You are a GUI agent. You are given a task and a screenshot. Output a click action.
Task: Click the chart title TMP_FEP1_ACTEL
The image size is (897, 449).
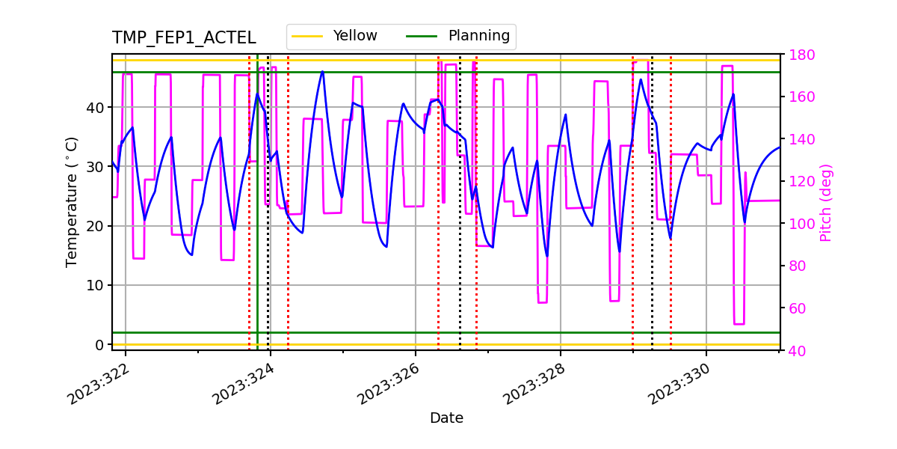pyautogui.click(x=184, y=38)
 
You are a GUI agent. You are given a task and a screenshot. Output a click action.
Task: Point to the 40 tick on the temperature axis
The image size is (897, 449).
pyautogui.click(x=95, y=107)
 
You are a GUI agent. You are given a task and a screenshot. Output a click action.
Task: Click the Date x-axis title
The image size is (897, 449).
pyautogui.click(x=446, y=418)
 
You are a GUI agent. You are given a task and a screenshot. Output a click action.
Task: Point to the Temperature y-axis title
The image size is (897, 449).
pyautogui.click(x=72, y=201)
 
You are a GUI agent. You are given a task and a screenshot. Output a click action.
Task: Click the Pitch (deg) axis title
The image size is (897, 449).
pyautogui.click(x=826, y=202)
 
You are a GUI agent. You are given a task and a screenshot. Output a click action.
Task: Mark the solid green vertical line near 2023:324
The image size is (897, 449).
pyautogui.click(x=257, y=224)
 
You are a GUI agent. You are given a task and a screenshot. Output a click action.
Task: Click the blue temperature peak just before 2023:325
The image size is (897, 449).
pyautogui.click(x=322, y=72)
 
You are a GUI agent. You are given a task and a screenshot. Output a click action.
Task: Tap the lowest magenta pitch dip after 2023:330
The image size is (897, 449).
pyautogui.click(x=739, y=323)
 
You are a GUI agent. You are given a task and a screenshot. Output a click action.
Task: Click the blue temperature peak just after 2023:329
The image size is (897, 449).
pyautogui.click(x=641, y=79)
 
